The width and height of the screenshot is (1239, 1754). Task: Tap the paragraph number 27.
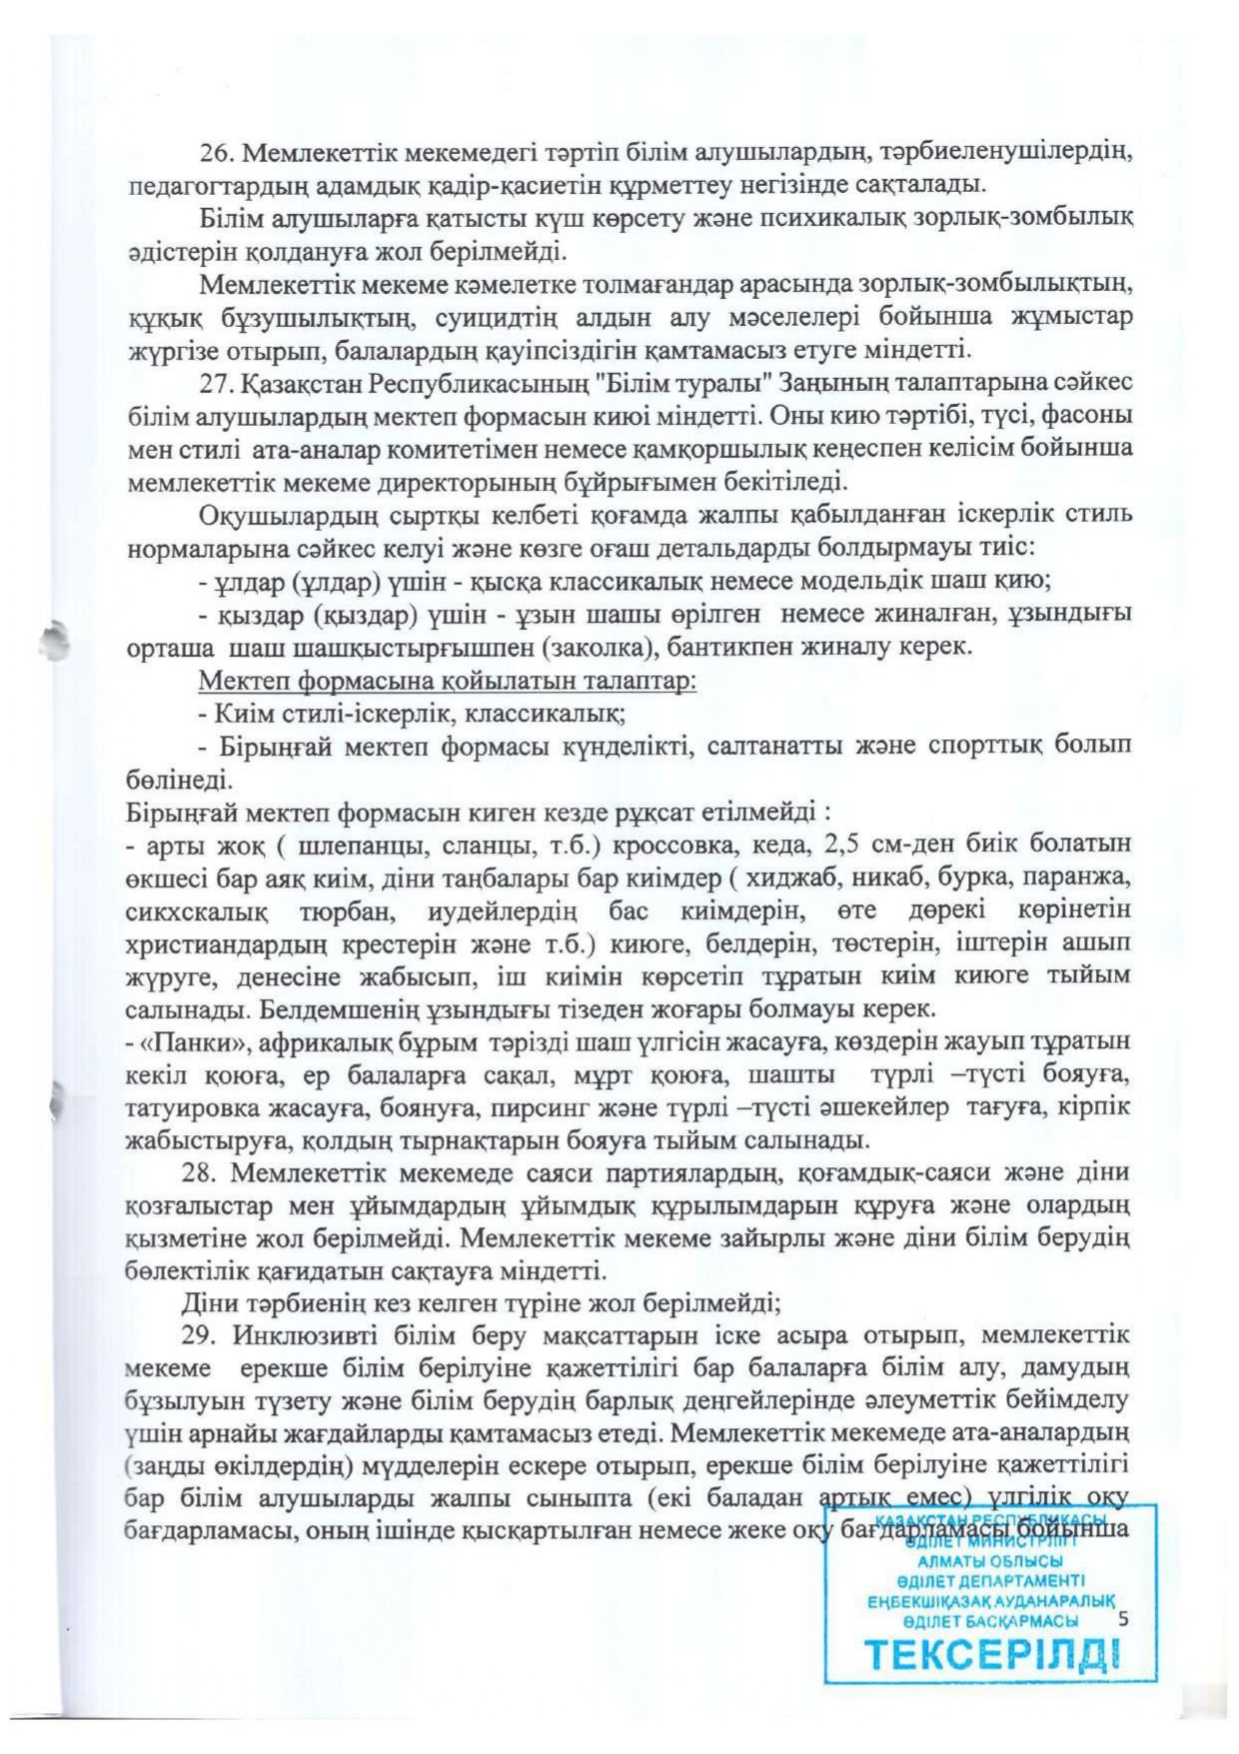(215, 383)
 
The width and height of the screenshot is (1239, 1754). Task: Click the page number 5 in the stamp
(1123, 1618)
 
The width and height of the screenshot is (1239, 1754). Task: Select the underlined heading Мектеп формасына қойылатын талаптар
(448, 682)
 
